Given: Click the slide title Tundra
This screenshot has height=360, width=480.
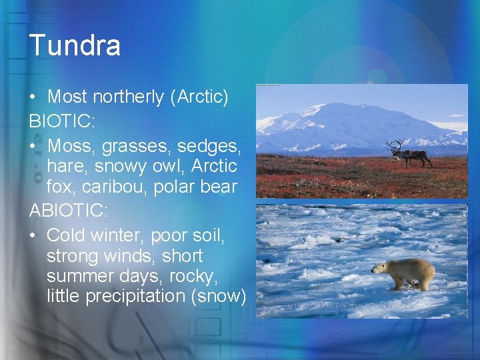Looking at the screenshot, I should coord(75,45).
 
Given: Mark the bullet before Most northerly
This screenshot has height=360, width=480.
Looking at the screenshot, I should coord(33,97).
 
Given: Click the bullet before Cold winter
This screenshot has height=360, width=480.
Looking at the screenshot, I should coord(33,235).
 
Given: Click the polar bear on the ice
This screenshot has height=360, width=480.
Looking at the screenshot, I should coord(405,274).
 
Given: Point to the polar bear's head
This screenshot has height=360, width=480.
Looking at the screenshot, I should coord(378,268).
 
